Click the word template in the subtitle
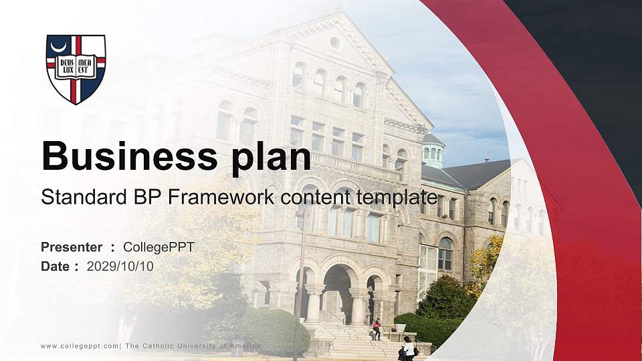point(397,197)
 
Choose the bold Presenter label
point(72,247)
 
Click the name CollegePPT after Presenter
point(159,247)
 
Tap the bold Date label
point(56,266)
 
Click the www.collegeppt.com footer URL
point(80,346)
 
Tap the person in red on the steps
point(377,328)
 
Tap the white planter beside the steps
point(401,328)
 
